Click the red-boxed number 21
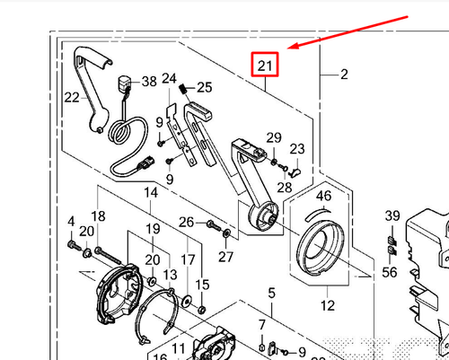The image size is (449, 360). pos(264,66)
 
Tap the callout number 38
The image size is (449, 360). pos(148,82)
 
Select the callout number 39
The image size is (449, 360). pos(392,216)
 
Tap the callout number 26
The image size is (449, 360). pos(186,223)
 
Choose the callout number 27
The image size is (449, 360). pos(224,256)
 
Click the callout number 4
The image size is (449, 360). pos(70,221)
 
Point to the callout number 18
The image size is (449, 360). pos(98,216)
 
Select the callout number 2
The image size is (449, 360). pos(343,75)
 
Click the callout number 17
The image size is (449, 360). pos(189,259)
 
